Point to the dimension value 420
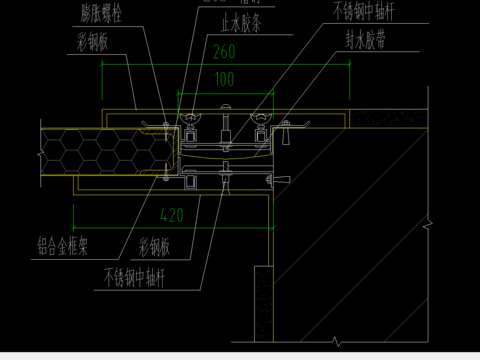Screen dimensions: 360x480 [173, 213]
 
